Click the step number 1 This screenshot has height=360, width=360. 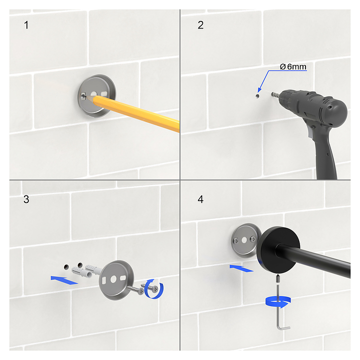[26, 25]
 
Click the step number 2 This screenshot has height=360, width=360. [200, 25]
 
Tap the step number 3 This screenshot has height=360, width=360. [26, 199]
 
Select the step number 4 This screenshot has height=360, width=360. [200, 199]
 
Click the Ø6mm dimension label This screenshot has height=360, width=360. [293, 67]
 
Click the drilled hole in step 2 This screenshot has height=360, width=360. [257, 95]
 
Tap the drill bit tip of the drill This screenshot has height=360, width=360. [272, 94]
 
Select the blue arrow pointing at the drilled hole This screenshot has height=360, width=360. [263, 81]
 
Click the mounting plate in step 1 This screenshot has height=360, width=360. [96, 95]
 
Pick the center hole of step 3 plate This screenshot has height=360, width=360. [113, 279]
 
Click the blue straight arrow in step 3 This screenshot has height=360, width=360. [64, 280]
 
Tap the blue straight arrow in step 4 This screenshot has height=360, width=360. [241, 268]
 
